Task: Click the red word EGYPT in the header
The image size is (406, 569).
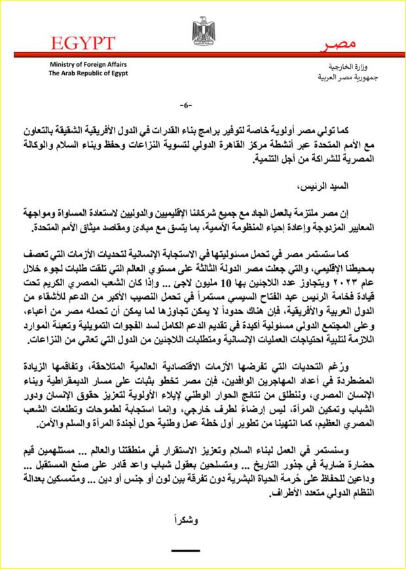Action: (x=81, y=43)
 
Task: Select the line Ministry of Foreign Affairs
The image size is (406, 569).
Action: (x=88, y=65)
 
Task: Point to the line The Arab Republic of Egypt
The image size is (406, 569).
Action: (x=88, y=74)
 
